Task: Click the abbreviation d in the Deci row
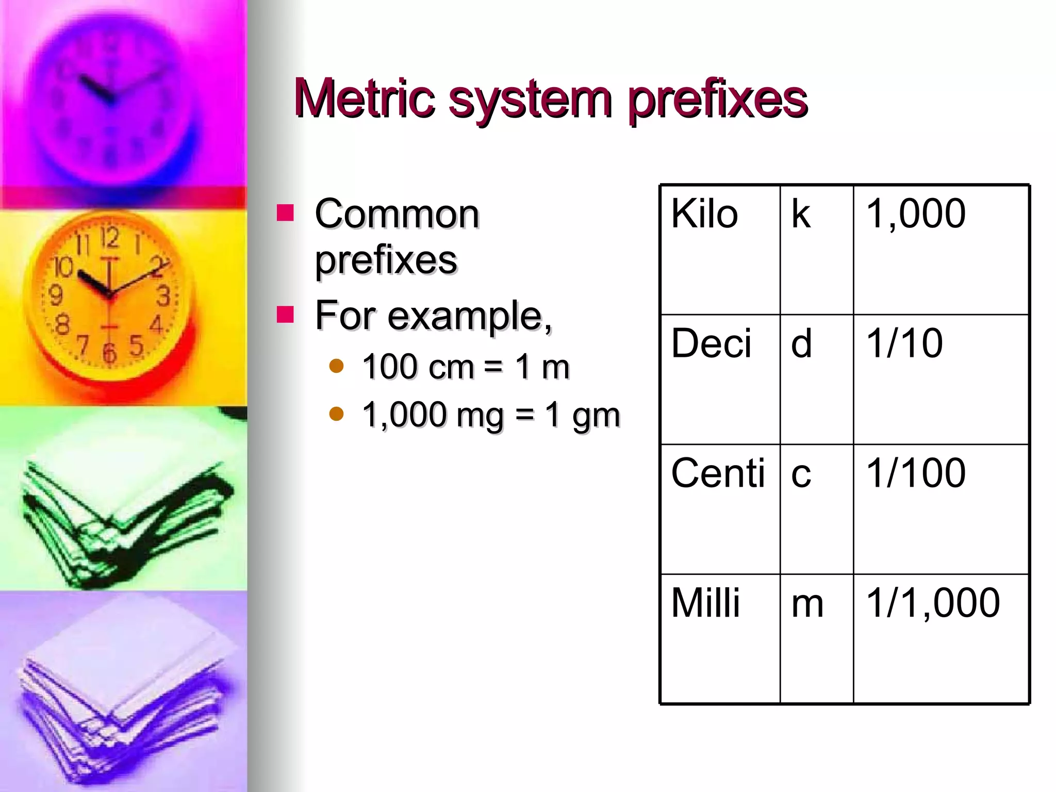tap(801, 343)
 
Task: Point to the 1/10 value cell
tap(904, 343)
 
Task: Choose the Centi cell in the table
tap(718, 473)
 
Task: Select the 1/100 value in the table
tap(916, 473)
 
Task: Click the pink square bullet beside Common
tap(285, 212)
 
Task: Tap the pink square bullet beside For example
tap(285, 314)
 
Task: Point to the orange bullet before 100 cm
tap(336, 366)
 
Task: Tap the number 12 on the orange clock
tap(109, 238)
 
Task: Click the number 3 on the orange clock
tap(163, 296)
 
